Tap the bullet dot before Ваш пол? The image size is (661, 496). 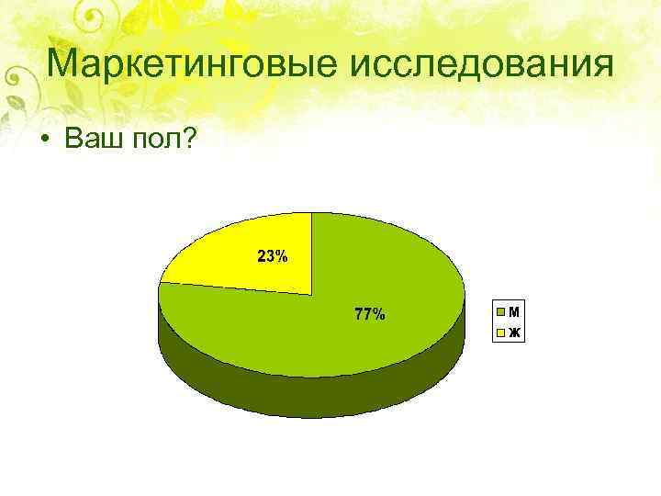pos(43,139)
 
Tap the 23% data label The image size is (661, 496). pos(272,256)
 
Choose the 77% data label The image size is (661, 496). pos(369,315)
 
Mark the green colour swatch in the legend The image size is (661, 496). pos(501,310)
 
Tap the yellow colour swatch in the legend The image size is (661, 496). pos(501,331)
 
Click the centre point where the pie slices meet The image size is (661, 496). pos(312,294)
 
